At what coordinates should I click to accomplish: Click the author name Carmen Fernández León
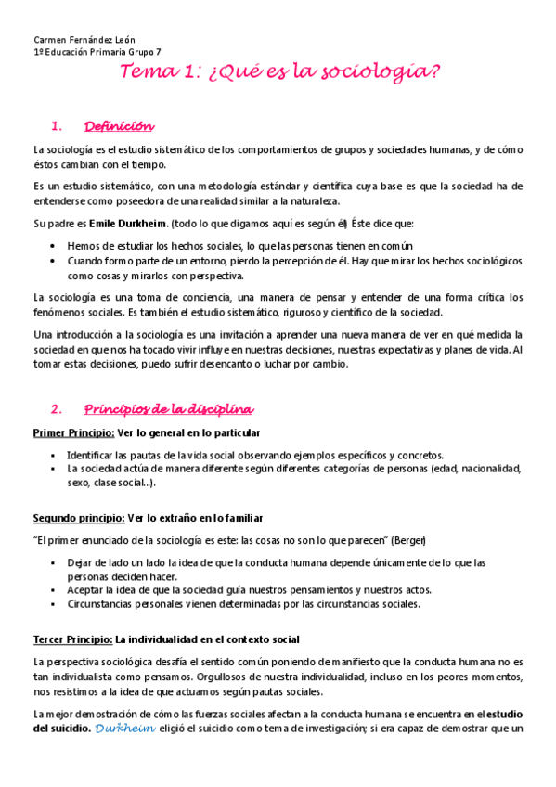pos(84,40)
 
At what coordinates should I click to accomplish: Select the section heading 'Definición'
pos(120,126)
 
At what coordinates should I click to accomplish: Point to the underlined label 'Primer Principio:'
pos(73,433)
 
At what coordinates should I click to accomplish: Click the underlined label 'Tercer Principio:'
pos(71,639)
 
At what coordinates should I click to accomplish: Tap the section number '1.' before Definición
pos(58,126)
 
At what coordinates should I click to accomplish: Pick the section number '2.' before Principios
pos(58,409)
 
